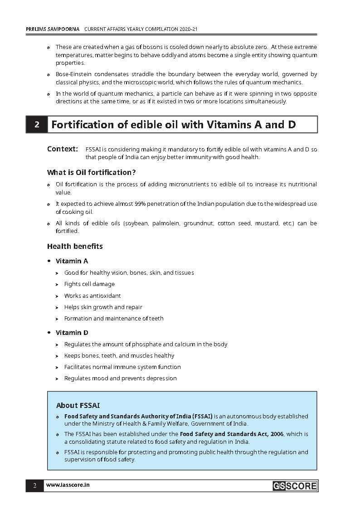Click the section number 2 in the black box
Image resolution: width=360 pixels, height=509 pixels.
click(37, 125)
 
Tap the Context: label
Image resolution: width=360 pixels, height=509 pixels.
click(63, 149)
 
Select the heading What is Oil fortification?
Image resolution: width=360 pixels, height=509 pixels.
click(92, 173)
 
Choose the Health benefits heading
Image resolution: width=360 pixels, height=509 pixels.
click(75, 247)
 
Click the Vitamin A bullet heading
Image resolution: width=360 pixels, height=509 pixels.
click(72, 261)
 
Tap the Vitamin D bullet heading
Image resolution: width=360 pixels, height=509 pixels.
click(72, 333)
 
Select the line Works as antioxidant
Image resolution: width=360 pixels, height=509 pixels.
click(92, 296)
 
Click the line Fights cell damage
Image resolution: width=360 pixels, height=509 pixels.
click(89, 284)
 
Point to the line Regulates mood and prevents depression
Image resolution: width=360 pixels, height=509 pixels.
click(120, 378)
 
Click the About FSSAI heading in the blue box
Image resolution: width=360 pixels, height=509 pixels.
click(78, 405)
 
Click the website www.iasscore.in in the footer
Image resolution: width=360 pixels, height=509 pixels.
click(68, 485)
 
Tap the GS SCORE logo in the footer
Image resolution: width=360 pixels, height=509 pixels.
click(295, 486)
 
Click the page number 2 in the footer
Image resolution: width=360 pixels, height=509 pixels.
click(34, 486)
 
